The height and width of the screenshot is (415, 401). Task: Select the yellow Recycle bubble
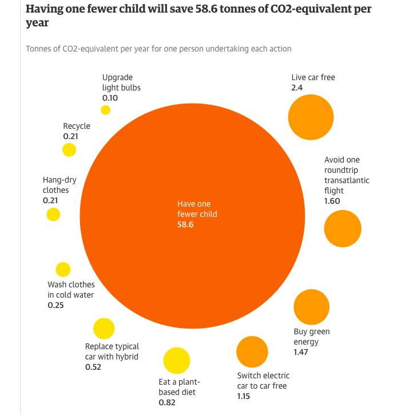[x=69, y=150]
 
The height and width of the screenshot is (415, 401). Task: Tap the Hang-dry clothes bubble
[x=53, y=215]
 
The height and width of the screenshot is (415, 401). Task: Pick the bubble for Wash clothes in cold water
[x=63, y=270]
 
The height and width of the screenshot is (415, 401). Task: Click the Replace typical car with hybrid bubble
[x=104, y=329]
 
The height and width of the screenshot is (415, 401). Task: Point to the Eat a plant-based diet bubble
[x=176, y=361]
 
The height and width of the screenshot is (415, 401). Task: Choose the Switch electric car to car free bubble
[x=252, y=352]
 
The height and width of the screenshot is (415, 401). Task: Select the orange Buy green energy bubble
[x=312, y=307]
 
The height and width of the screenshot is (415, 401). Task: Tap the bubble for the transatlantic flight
[x=343, y=228]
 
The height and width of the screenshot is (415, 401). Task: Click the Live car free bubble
[x=311, y=117]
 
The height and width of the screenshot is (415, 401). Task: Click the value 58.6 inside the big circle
[x=185, y=224]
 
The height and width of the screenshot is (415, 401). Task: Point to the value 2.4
[x=297, y=88]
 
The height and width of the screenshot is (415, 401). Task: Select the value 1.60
[x=332, y=201]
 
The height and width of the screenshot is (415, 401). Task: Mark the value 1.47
[x=301, y=352]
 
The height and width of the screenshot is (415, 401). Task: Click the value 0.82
[x=166, y=402]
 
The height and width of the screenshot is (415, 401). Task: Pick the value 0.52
[x=93, y=367]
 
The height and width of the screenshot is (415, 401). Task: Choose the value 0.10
[x=110, y=98]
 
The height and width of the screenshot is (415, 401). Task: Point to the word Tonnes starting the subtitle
[x=40, y=49]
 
